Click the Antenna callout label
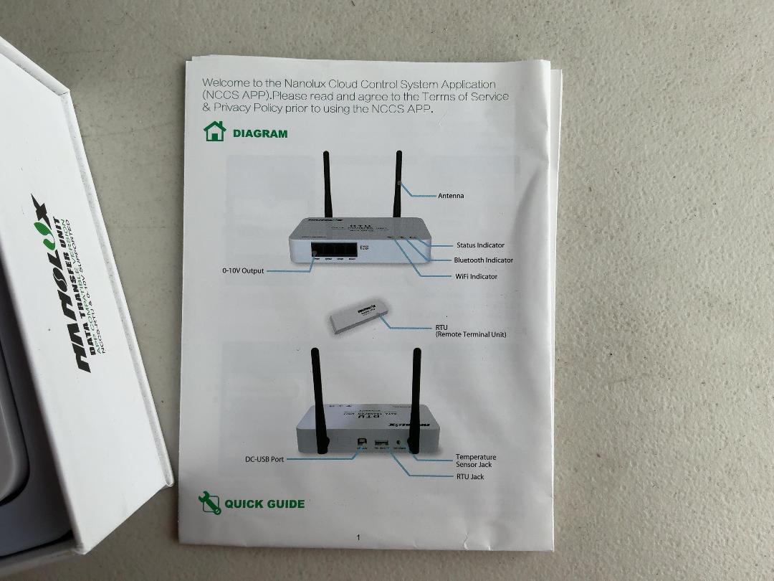[451, 196]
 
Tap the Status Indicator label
[480, 245]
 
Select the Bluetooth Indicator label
[483, 260]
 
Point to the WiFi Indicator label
[476, 276]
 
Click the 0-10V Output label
[243, 271]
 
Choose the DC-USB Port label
[264, 459]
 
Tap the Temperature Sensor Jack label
[475, 460]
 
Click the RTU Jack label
[470, 476]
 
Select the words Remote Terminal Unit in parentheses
[471, 334]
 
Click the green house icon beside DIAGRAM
[214, 131]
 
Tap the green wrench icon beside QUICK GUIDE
[209, 503]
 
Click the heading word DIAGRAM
[260, 133]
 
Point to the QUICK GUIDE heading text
[264, 504]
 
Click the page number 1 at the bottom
[358, 537]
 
